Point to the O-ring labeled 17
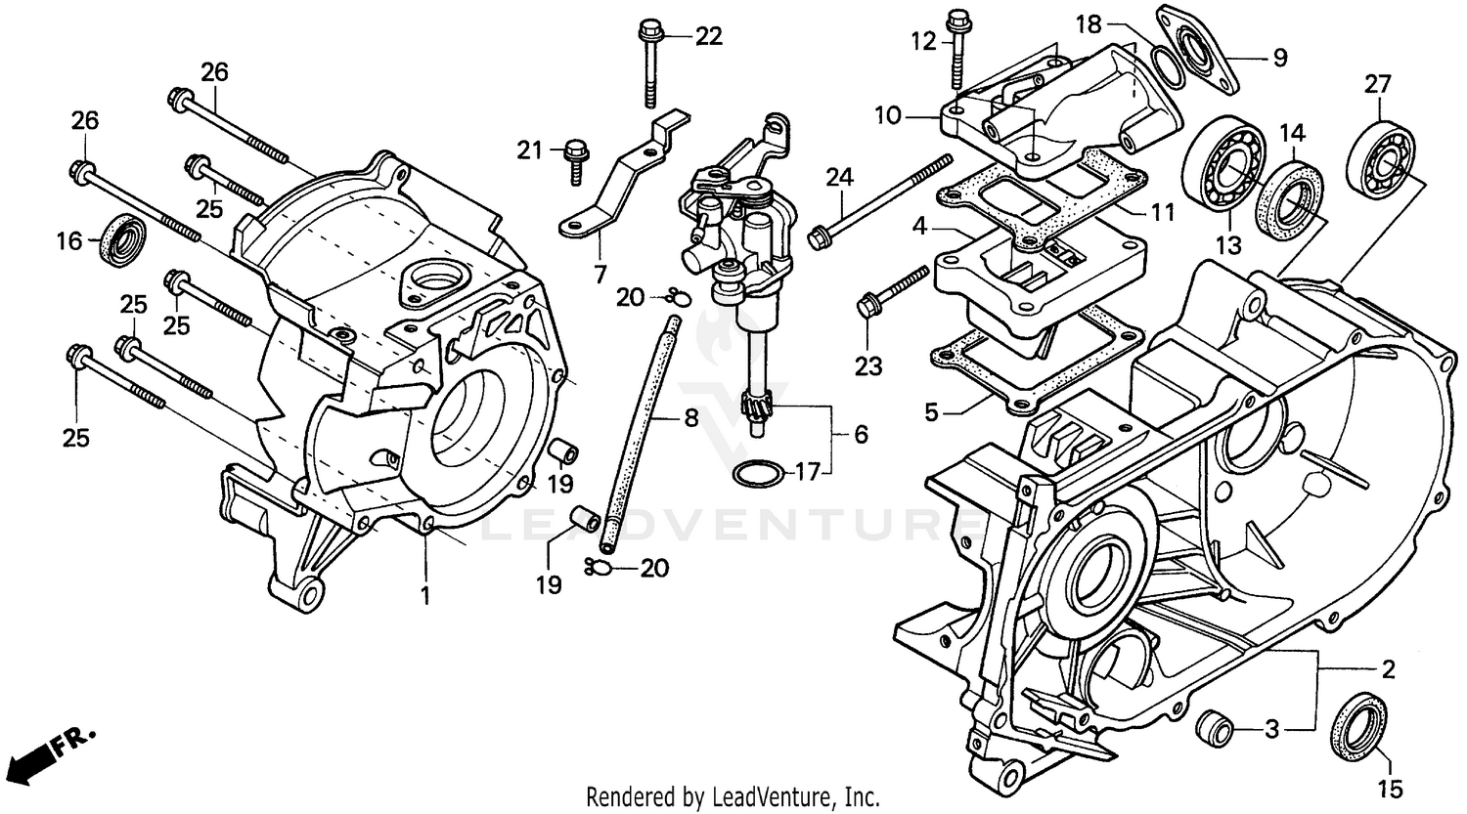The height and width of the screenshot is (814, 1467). click(x=758, y=473)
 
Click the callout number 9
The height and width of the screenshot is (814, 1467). click(x=1279, y=59)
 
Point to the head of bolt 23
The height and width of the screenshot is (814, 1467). click(x=866, y=307)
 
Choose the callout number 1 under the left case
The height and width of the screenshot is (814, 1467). click(x=425, y=595)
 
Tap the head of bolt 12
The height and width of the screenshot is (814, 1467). click(x=956, y=19)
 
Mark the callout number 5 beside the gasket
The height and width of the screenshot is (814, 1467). click(x=932, y=413)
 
